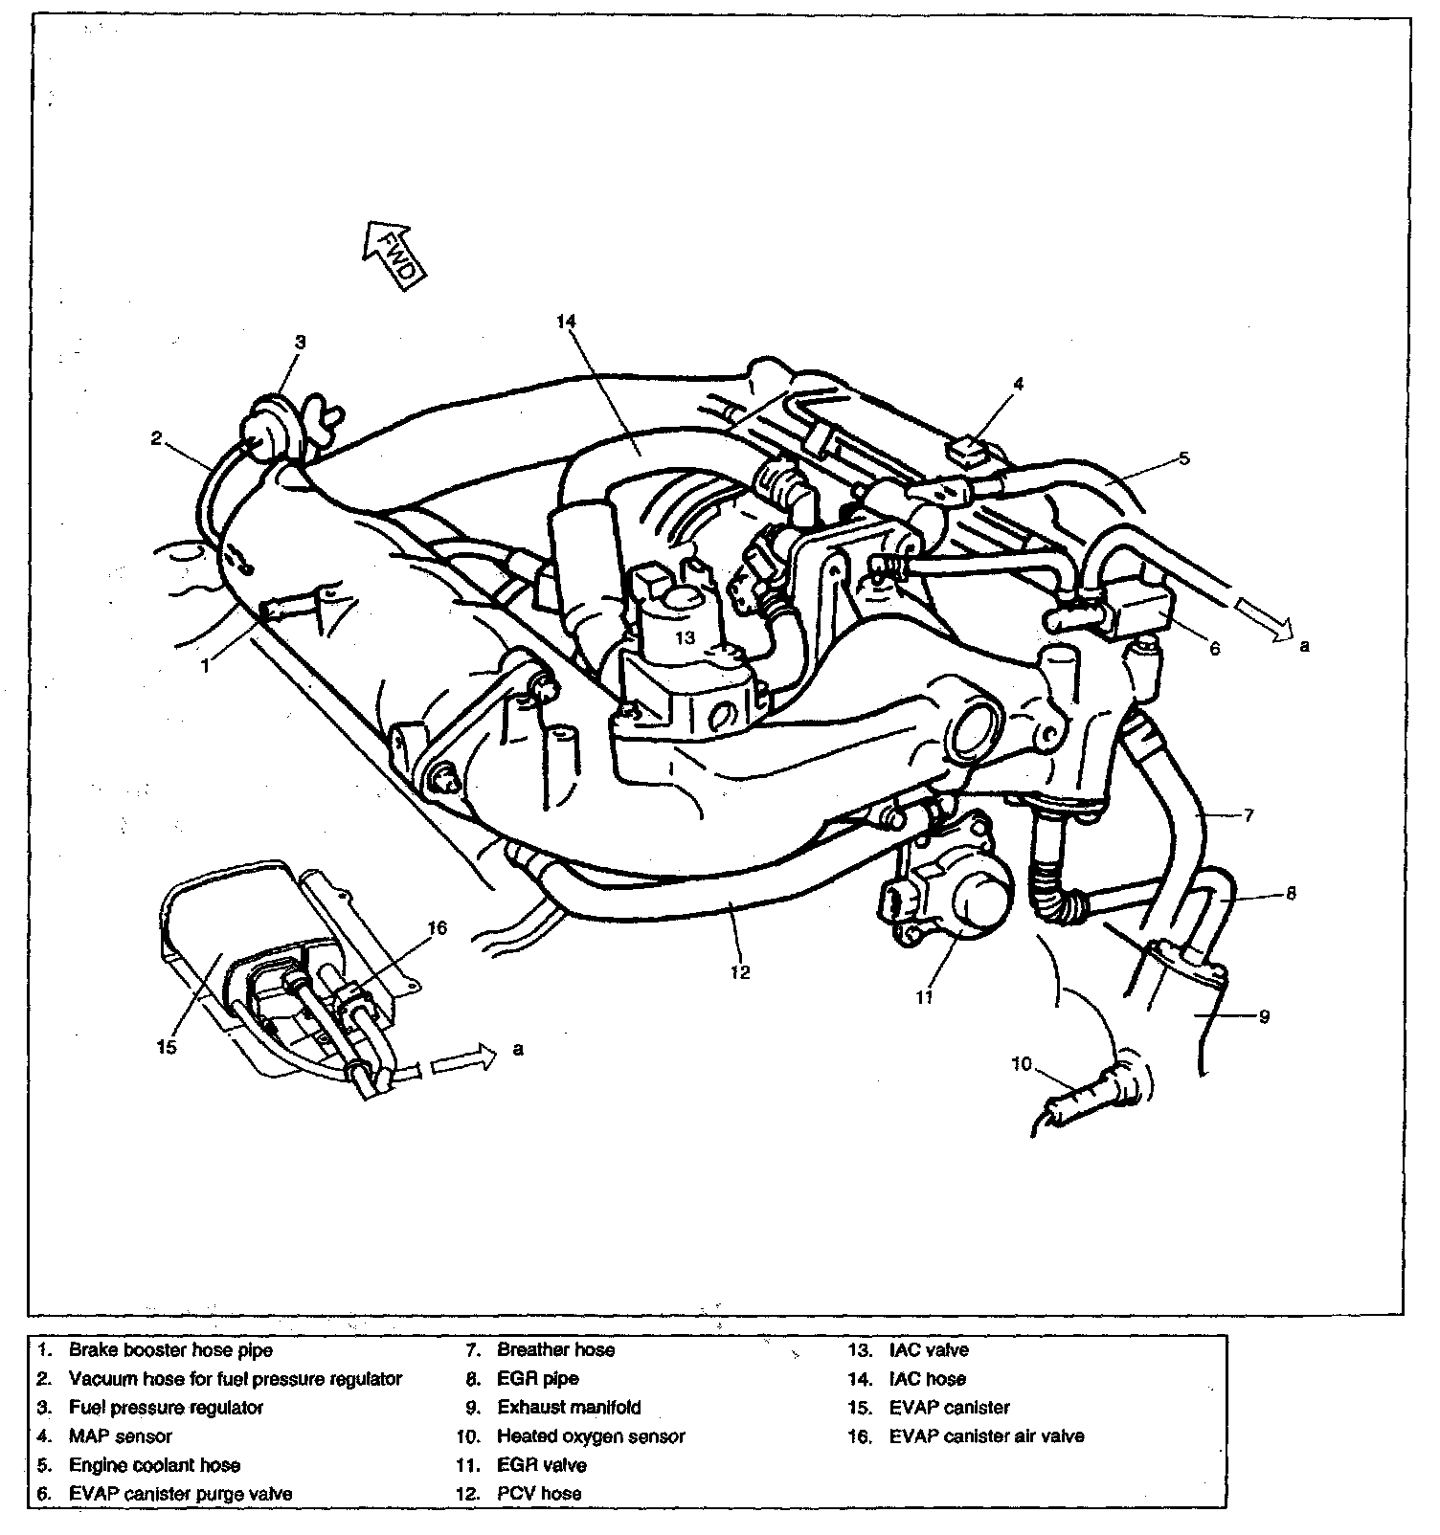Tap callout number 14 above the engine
click(565, 323)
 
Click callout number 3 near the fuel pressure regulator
click(300, 342)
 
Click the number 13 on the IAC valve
click(685, 637)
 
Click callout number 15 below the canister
click(167, 1047)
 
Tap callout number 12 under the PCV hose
click(739, 971)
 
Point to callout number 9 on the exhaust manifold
click(1264, 1016)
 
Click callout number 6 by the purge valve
click(1215, 648)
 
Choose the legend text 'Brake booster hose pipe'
click(170, 1350)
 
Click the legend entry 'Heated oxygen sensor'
click(591, 1436)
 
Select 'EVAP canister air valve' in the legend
click(986, 1436)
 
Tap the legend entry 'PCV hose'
click(539, 1493)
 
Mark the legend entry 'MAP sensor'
click(120, 1436)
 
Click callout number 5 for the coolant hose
click(1183, 458)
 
